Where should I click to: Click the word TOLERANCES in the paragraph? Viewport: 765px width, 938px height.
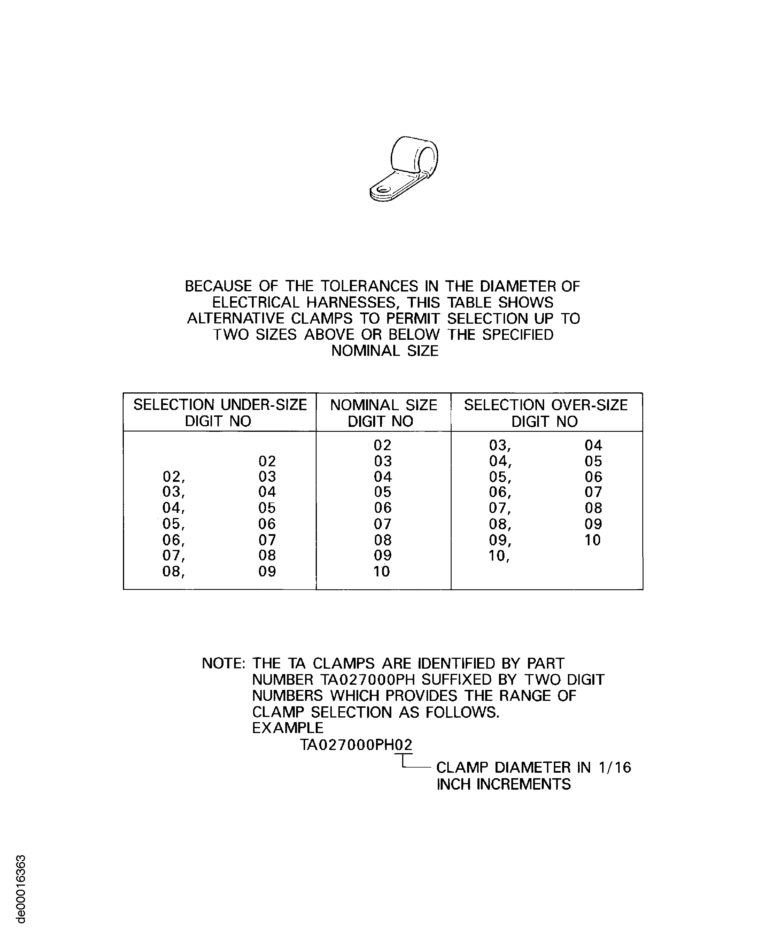369,286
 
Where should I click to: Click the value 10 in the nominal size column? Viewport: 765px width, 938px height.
381,571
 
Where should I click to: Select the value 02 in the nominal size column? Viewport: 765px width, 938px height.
382,445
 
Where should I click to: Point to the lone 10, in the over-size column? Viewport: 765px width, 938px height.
499,556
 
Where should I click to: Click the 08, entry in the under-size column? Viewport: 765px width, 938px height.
174,571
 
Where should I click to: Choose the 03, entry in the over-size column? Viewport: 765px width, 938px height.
500,445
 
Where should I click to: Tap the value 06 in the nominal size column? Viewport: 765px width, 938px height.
383,508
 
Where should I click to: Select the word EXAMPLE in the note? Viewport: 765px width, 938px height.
287,728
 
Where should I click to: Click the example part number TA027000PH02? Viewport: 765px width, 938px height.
356,745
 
